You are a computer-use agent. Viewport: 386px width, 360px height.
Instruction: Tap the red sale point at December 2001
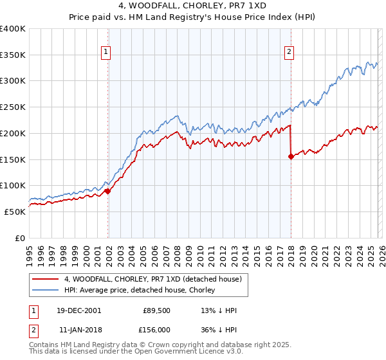(x=108, y=191)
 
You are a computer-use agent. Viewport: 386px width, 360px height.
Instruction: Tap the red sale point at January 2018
(x=291, y=156)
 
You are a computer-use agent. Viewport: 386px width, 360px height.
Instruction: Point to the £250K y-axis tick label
(x=13, y=107)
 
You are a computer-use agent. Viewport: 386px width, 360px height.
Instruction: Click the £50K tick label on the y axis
(x=15, y=212)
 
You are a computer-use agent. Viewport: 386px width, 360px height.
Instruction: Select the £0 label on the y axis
(x=21, y=238)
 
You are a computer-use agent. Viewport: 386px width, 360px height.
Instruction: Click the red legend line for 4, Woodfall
(x=46, y=279)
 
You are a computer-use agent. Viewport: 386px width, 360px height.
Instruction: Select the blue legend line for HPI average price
(x=46, y=290)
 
